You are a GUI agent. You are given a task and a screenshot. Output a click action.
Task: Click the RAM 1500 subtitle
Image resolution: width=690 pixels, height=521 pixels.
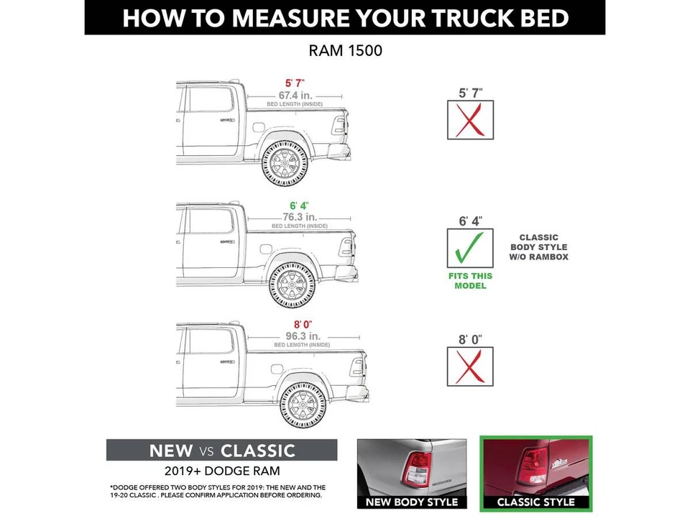pos(345,51)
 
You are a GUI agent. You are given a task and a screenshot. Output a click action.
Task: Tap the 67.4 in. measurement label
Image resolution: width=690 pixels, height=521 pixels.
pos(295,95)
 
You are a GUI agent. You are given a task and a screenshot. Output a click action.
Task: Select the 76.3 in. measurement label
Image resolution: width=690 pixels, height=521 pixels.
pos(299,216)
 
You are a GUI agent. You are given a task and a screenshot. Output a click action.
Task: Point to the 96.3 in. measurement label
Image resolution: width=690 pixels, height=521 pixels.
pos(301,336)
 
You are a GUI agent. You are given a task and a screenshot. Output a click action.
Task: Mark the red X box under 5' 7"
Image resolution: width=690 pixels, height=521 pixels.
pos(470,120)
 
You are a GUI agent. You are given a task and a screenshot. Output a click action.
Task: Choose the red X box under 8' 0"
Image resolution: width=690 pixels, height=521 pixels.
pos(470,366)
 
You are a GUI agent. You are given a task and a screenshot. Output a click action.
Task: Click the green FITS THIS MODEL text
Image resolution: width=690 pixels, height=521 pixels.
pos(470,281)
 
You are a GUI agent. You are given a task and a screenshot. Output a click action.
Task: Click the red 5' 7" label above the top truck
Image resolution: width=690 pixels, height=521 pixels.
pos(295,83)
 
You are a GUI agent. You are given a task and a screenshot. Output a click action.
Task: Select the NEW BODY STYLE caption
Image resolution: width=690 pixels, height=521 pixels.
pos(412,502)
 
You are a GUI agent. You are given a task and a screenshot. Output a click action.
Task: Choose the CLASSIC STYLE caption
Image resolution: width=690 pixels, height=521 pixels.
pos(536,502)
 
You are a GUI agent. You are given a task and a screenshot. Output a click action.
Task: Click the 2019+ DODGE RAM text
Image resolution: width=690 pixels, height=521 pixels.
pos(221,471)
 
